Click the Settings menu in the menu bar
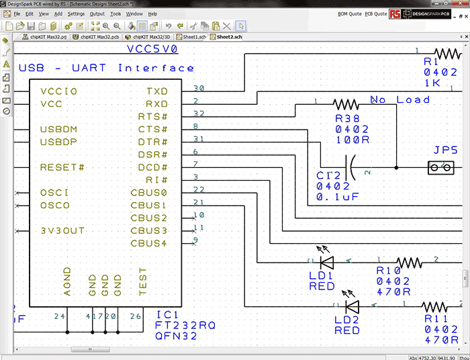coord(77,13)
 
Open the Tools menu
coord(115,13)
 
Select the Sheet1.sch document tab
coord(193,37)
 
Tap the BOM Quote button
coord(349,13)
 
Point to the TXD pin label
coord(157,91)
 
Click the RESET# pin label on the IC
coord(62,167)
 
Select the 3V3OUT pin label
coord(62,230)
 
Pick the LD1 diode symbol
coord(327,262)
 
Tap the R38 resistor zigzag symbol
coord(346,104)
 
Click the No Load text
coord(399,100)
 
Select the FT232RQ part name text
coord(185,325)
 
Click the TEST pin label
coord(142,283)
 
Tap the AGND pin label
coord(66,283)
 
